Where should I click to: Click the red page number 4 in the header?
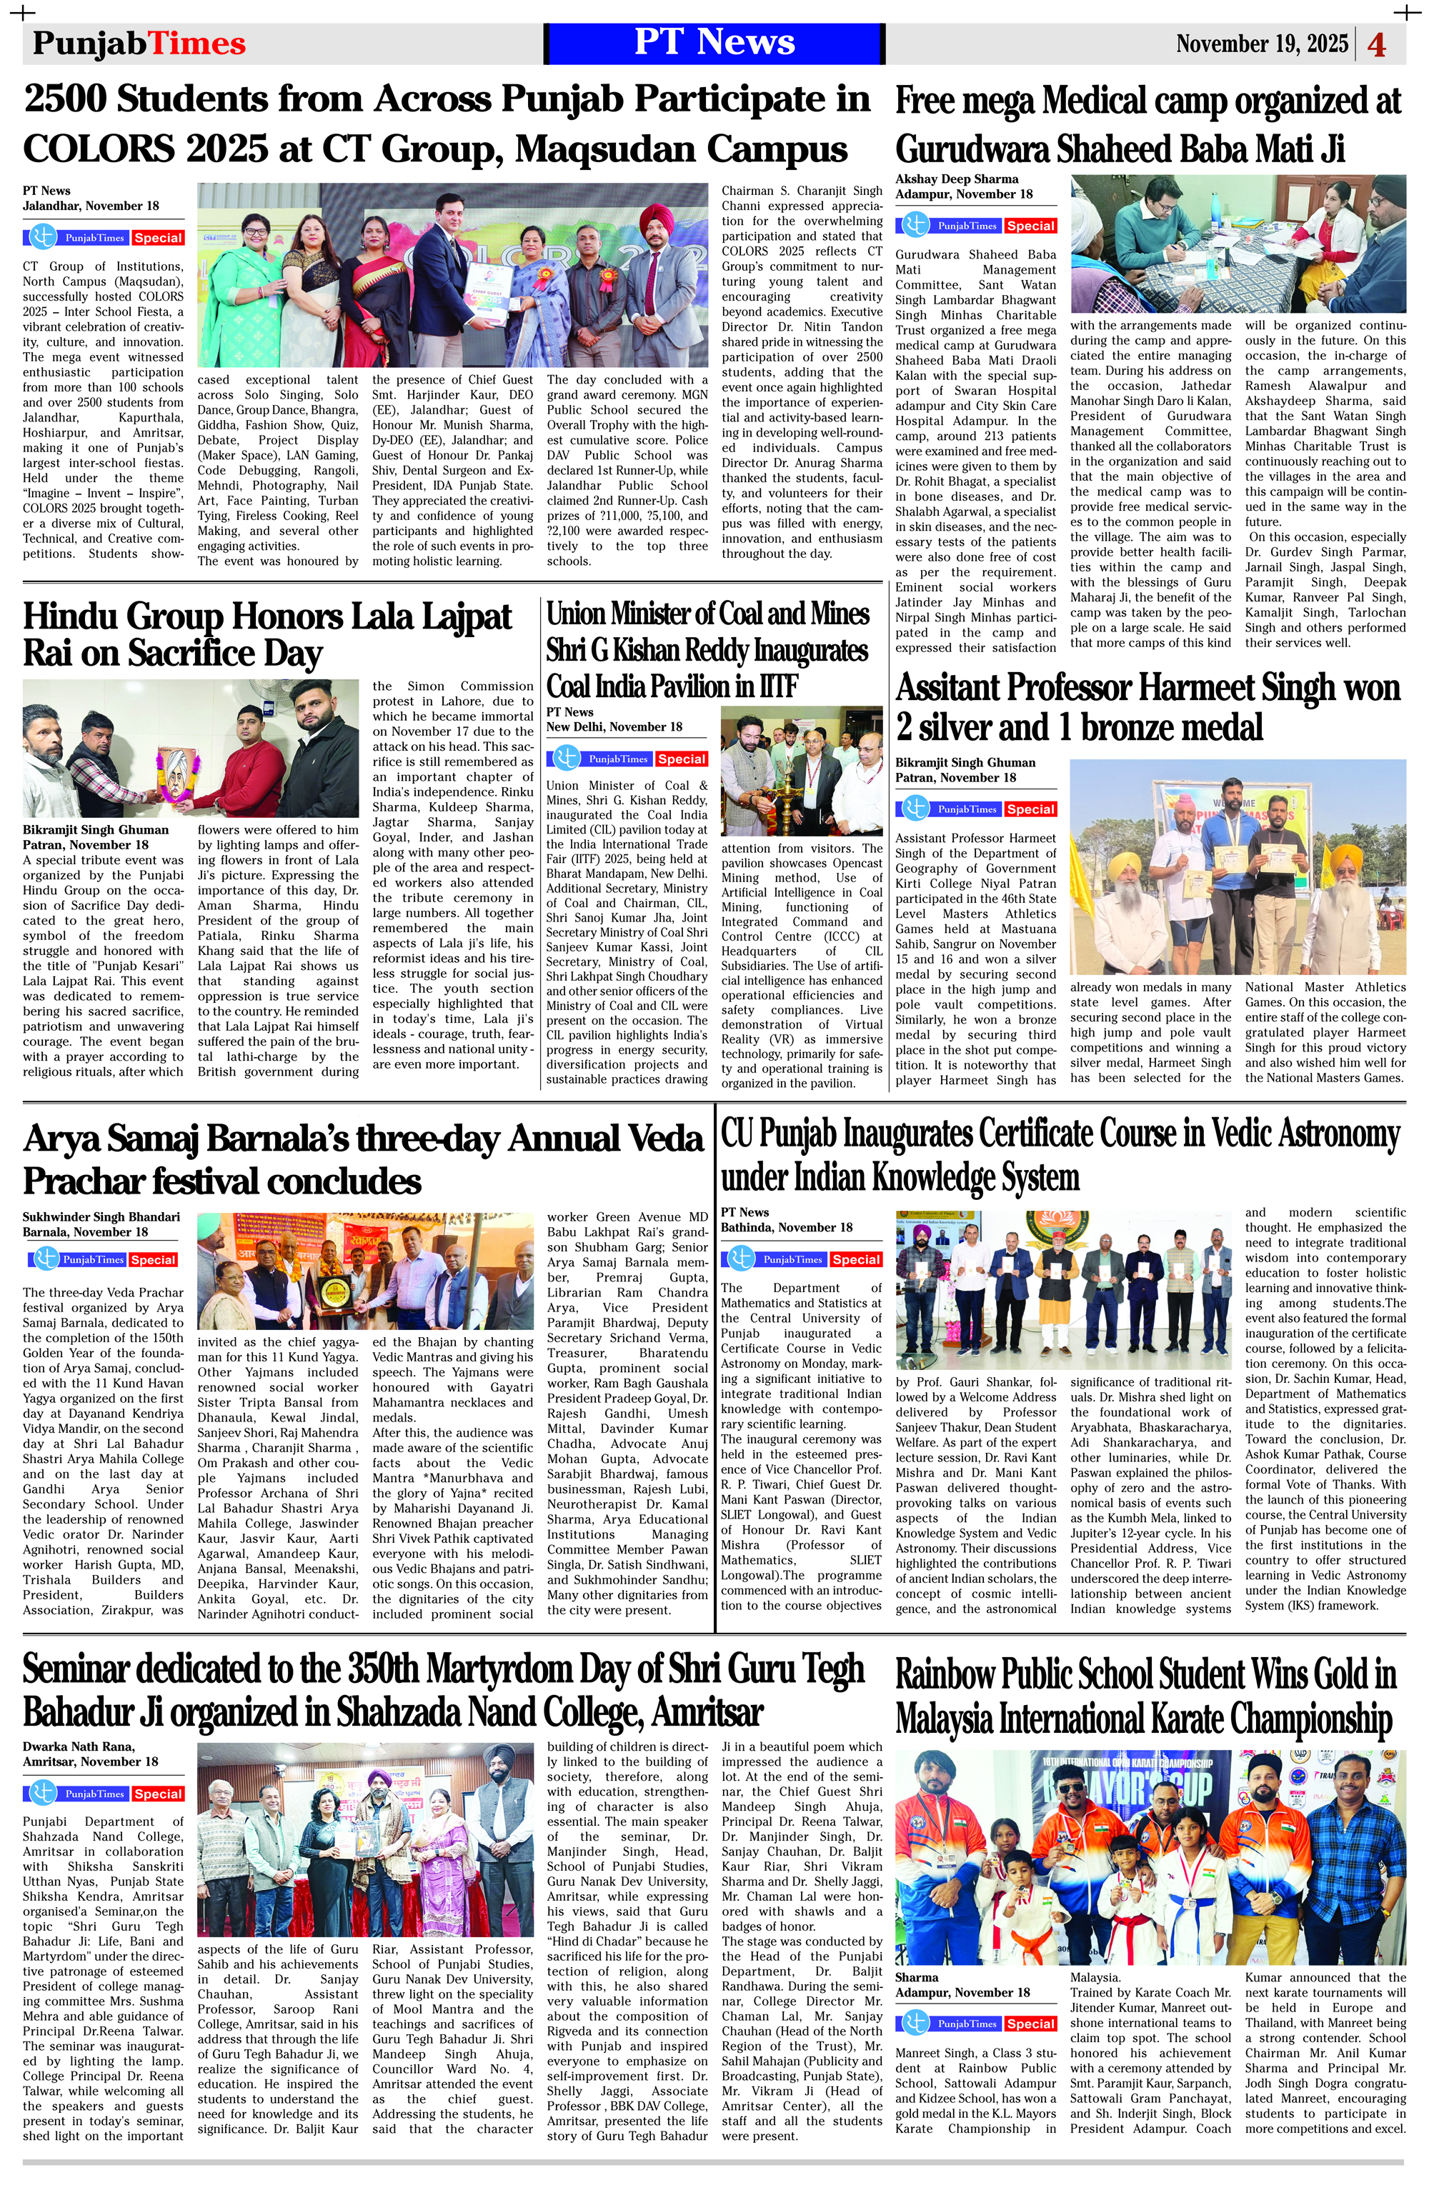(x=1377, y=44)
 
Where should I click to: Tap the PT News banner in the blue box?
(x=714, y=43)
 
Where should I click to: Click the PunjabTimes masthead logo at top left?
(x=139, y=43)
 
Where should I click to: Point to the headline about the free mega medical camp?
(x=1148, y=124)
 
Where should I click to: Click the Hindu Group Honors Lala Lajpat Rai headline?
(x=267, y=634)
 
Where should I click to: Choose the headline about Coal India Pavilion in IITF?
(x=707, y=649)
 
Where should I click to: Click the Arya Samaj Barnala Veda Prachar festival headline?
(x=363, y=1159)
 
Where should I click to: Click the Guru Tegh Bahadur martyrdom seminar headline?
(x=444, y=1690)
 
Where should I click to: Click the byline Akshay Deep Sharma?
(x=957, y=179)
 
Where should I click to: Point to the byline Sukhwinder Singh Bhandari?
(x=101, y=1216)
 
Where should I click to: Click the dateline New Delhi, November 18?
(x=614, y=726)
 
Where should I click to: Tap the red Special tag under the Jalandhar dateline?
(x=158, y=238)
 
